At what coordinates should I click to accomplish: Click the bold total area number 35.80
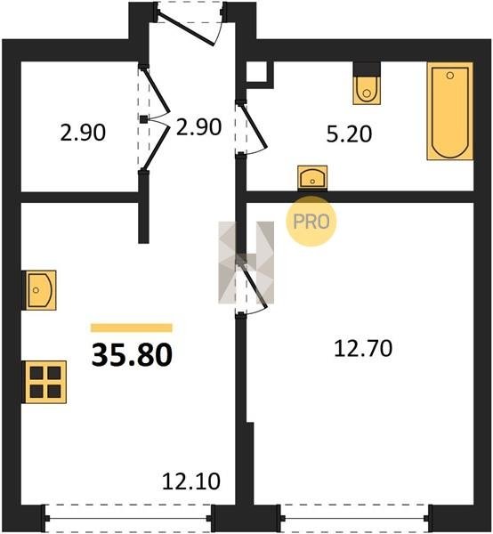click(x=132, y=355)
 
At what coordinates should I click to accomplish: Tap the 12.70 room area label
click(x=363, y=349)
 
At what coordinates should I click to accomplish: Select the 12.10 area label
click(x=191, y=481)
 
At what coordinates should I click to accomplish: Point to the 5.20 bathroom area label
click(x=349, y=133)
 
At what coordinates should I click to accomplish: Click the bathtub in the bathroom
click(x=450, y=111)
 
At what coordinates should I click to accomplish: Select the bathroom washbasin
click(x=312, y=177)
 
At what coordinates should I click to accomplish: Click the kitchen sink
click(x=39, y=290)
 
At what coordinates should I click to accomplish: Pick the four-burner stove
click(x=44, y=382)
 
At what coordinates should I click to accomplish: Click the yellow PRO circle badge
click(x=311, y=222)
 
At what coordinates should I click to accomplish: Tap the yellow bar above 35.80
click(x=132, y=328)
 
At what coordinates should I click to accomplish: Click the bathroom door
click(x=252, y=128)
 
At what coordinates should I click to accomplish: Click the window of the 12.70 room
click(x=355, y=519)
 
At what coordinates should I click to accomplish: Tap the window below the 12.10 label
click(x=128, y=519)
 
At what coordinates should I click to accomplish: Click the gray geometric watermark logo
click(x=246, y=263)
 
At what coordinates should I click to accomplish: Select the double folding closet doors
click(x=154, y=118)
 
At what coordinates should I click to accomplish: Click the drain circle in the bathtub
click(x=450, y=76)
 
